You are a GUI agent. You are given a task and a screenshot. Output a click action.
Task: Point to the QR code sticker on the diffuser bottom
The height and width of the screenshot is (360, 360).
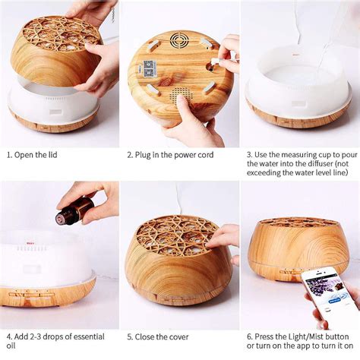[x=149, y=68]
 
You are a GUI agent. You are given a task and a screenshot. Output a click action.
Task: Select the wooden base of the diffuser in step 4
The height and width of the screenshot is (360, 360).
[x=46, y=292]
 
